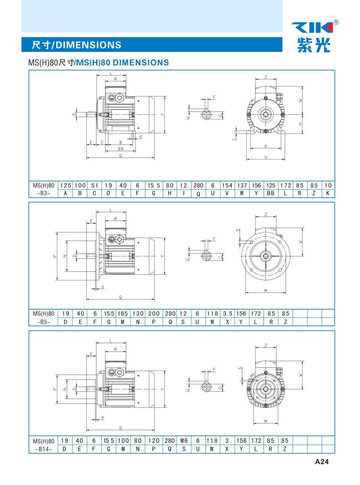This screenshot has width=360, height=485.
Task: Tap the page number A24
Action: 322,461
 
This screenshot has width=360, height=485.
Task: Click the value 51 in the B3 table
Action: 95,185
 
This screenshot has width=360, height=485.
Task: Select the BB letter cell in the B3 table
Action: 271,194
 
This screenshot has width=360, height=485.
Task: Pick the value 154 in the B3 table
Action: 227,185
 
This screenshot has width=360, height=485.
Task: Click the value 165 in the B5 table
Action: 123,314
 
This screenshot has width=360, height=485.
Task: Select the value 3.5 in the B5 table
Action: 228,314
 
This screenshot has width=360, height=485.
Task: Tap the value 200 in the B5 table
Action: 154,314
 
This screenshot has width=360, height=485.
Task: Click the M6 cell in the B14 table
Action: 184,440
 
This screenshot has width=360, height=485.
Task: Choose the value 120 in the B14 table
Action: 154,440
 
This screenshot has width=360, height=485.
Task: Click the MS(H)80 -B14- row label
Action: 44,445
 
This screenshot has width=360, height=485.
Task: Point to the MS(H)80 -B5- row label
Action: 44,317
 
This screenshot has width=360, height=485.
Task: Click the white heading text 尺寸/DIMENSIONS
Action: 76,45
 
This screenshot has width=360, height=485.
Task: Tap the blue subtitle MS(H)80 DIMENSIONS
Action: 122,62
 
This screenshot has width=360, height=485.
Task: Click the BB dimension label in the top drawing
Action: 120,149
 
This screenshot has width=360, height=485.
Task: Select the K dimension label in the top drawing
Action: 141,137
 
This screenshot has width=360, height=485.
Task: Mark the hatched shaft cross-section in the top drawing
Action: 206,115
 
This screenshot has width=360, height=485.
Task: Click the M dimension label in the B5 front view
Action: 265,291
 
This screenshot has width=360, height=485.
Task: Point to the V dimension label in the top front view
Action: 265,157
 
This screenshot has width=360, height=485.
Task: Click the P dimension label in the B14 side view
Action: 55,389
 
